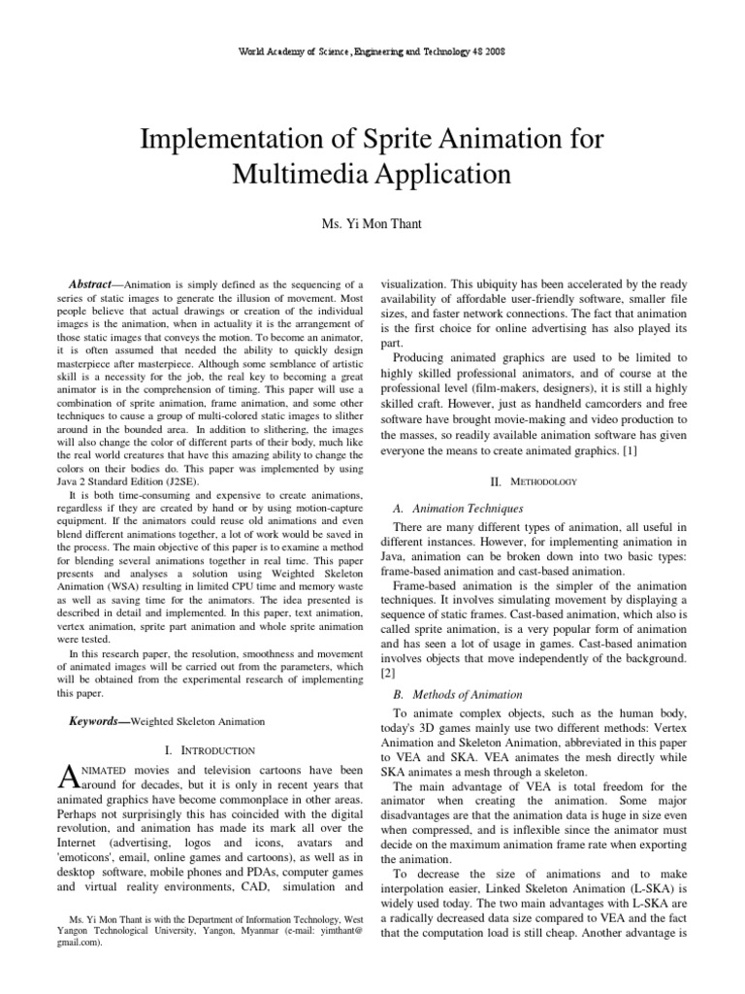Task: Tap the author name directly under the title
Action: tap(372, 224)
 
